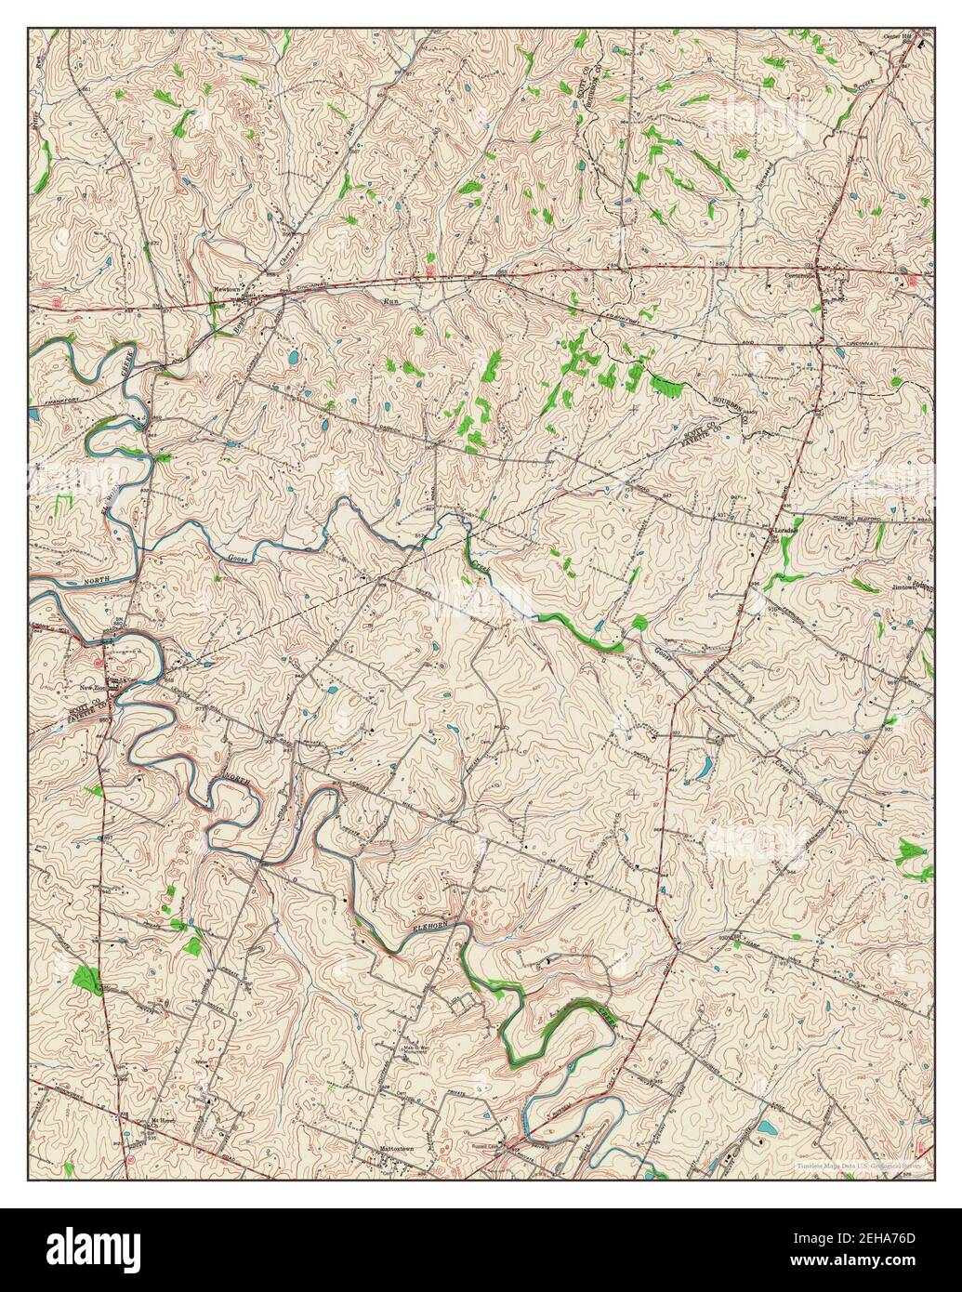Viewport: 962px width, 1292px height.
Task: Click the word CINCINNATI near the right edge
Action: pyautogui.click(x=883, y=342)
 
